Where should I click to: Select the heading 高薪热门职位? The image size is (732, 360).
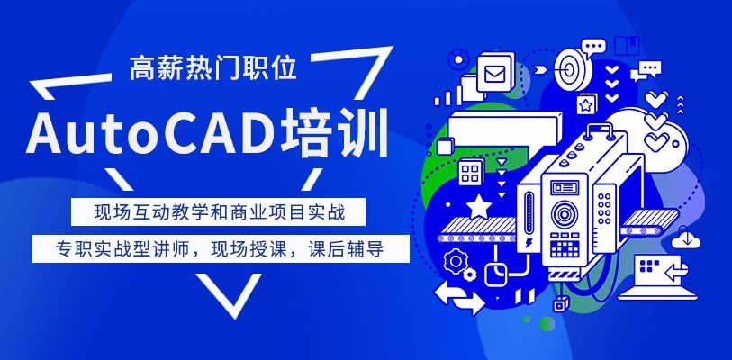point(212,68)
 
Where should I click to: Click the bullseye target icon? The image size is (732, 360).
point(574,65)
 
